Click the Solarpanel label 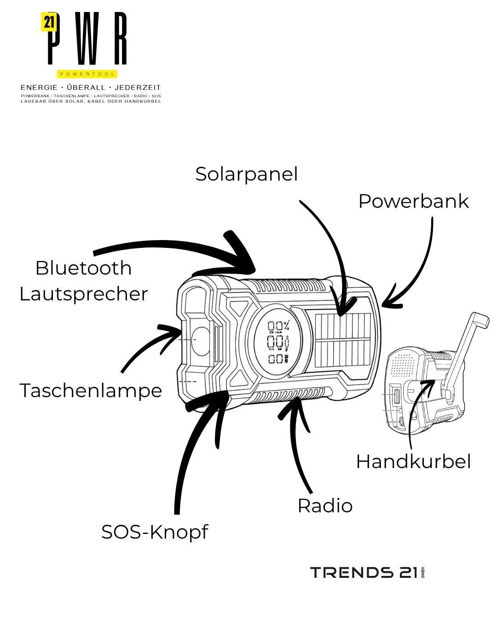point(246,175)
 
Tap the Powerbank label point(413,201)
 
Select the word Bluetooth point(83,268)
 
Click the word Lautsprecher point(83,294)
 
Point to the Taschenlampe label point(91,391)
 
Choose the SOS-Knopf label point(155,532)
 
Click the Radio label point(325,506)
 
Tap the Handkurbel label point(413,462)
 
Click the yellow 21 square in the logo point(49,22)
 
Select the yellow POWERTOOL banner point(87,74)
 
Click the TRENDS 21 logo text point(364,573)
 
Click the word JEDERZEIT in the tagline point(138,87)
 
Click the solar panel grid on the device point(343,340)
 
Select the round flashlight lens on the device point(201,341)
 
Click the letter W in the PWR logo point(87,39)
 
